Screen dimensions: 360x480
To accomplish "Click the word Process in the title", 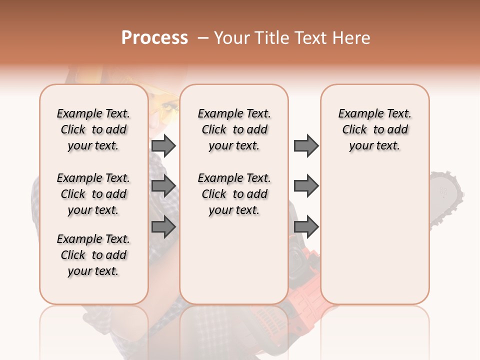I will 154,38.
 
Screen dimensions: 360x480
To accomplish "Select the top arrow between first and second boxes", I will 163,145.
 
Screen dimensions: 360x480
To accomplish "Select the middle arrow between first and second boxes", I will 163,185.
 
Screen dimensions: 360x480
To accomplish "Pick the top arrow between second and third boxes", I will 306,145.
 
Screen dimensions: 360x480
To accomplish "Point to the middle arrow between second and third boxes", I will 306,185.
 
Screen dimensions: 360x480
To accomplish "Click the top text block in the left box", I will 93,129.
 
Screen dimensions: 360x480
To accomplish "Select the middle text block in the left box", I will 93,194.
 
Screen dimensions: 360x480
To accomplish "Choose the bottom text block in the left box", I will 93,255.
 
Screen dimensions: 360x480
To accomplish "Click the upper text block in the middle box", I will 234,129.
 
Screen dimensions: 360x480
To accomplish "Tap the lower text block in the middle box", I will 234,194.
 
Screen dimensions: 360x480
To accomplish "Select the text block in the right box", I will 374,129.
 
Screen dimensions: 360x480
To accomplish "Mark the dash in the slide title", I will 202,38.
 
